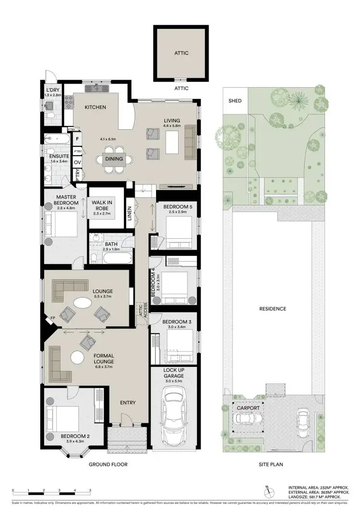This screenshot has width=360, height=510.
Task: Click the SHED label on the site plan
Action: (x=235, y=101)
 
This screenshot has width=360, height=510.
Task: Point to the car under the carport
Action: (x=247, y=419)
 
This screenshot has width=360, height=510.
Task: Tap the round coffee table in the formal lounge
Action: (x=77, y=357)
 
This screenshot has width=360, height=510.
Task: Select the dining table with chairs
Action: (x=114, y=159)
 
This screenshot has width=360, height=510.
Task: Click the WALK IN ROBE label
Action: (x=102, y=206)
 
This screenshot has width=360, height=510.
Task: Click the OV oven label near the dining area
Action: (x=77, y=162)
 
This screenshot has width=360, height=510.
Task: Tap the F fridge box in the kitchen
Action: (x=77, y=139)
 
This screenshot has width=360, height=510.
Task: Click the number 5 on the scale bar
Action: (x=90, y=490)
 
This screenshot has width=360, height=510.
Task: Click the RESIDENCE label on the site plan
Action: (x=273, y=309)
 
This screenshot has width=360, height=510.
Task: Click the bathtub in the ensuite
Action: (x=56, y=140)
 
